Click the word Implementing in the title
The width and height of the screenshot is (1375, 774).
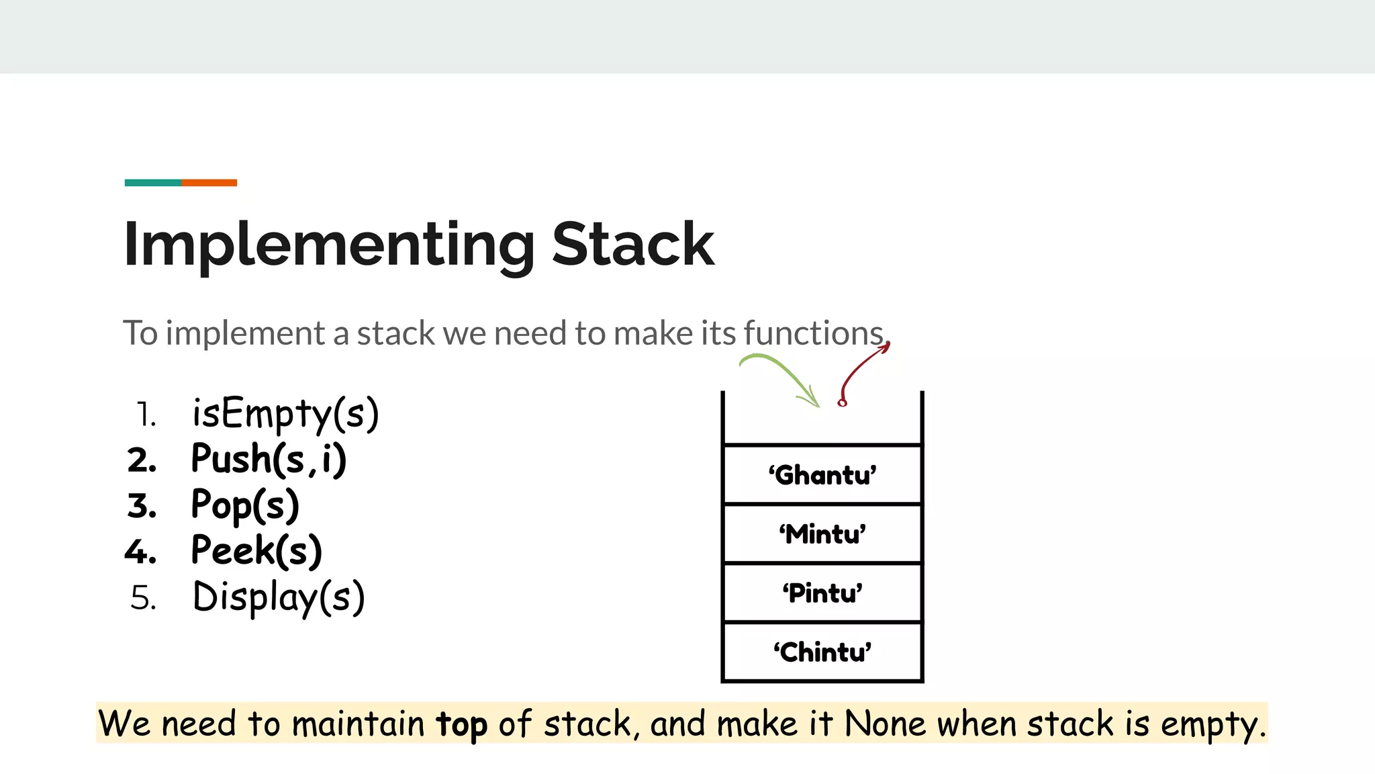point(329,246)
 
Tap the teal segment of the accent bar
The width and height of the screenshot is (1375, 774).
point(152,183)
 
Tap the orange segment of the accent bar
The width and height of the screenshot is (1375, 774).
point(209,183)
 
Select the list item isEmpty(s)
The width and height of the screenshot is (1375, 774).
point(285,413)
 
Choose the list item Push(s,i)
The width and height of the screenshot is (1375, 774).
point(269,460)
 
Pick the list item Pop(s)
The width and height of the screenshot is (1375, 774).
point(245,505)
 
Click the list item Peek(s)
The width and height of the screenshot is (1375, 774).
point(256,551)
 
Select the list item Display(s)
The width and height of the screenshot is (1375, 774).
point(279,597)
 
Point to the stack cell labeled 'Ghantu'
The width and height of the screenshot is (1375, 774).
point(822,475)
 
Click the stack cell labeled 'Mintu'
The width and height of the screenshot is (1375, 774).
point(822,534)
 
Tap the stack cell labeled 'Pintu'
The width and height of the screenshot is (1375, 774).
point(822,593)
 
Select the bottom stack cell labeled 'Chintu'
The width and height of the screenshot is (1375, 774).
point(822,652)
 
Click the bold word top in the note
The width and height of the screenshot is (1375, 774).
point(461,724)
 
